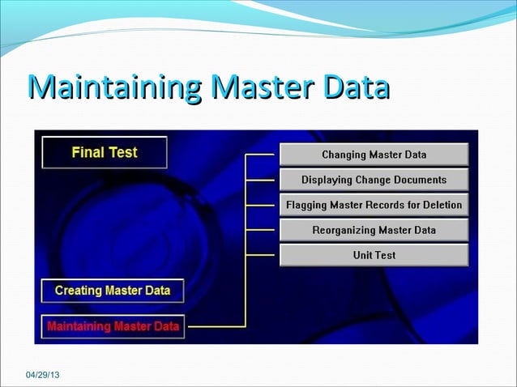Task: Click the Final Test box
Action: [x=105, y=152]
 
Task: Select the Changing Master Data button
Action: [x=374, y=155]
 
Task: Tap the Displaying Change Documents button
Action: [x=374, y=180]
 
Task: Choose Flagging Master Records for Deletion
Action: [x=374, y=205]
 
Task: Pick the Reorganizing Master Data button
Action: [x=374, y=230]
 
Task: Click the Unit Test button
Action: [x=374, y=255]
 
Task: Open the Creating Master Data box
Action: [x=113, y=290]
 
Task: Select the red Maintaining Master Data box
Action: [x=113, y=327]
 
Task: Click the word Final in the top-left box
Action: [x=87, y=152]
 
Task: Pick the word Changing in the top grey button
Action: [x=344, y=155]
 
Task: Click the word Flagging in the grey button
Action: [x=307, y=205]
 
